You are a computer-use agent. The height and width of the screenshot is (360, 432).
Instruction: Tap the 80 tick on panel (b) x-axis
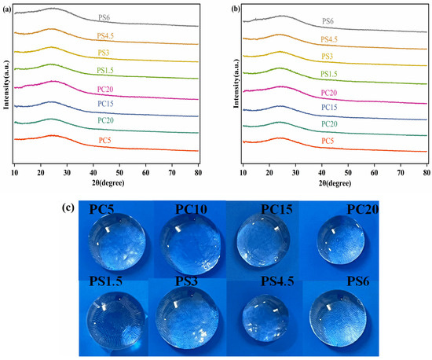[426, 171]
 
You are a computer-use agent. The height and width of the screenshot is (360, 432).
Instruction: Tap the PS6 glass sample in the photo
[340, 319]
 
